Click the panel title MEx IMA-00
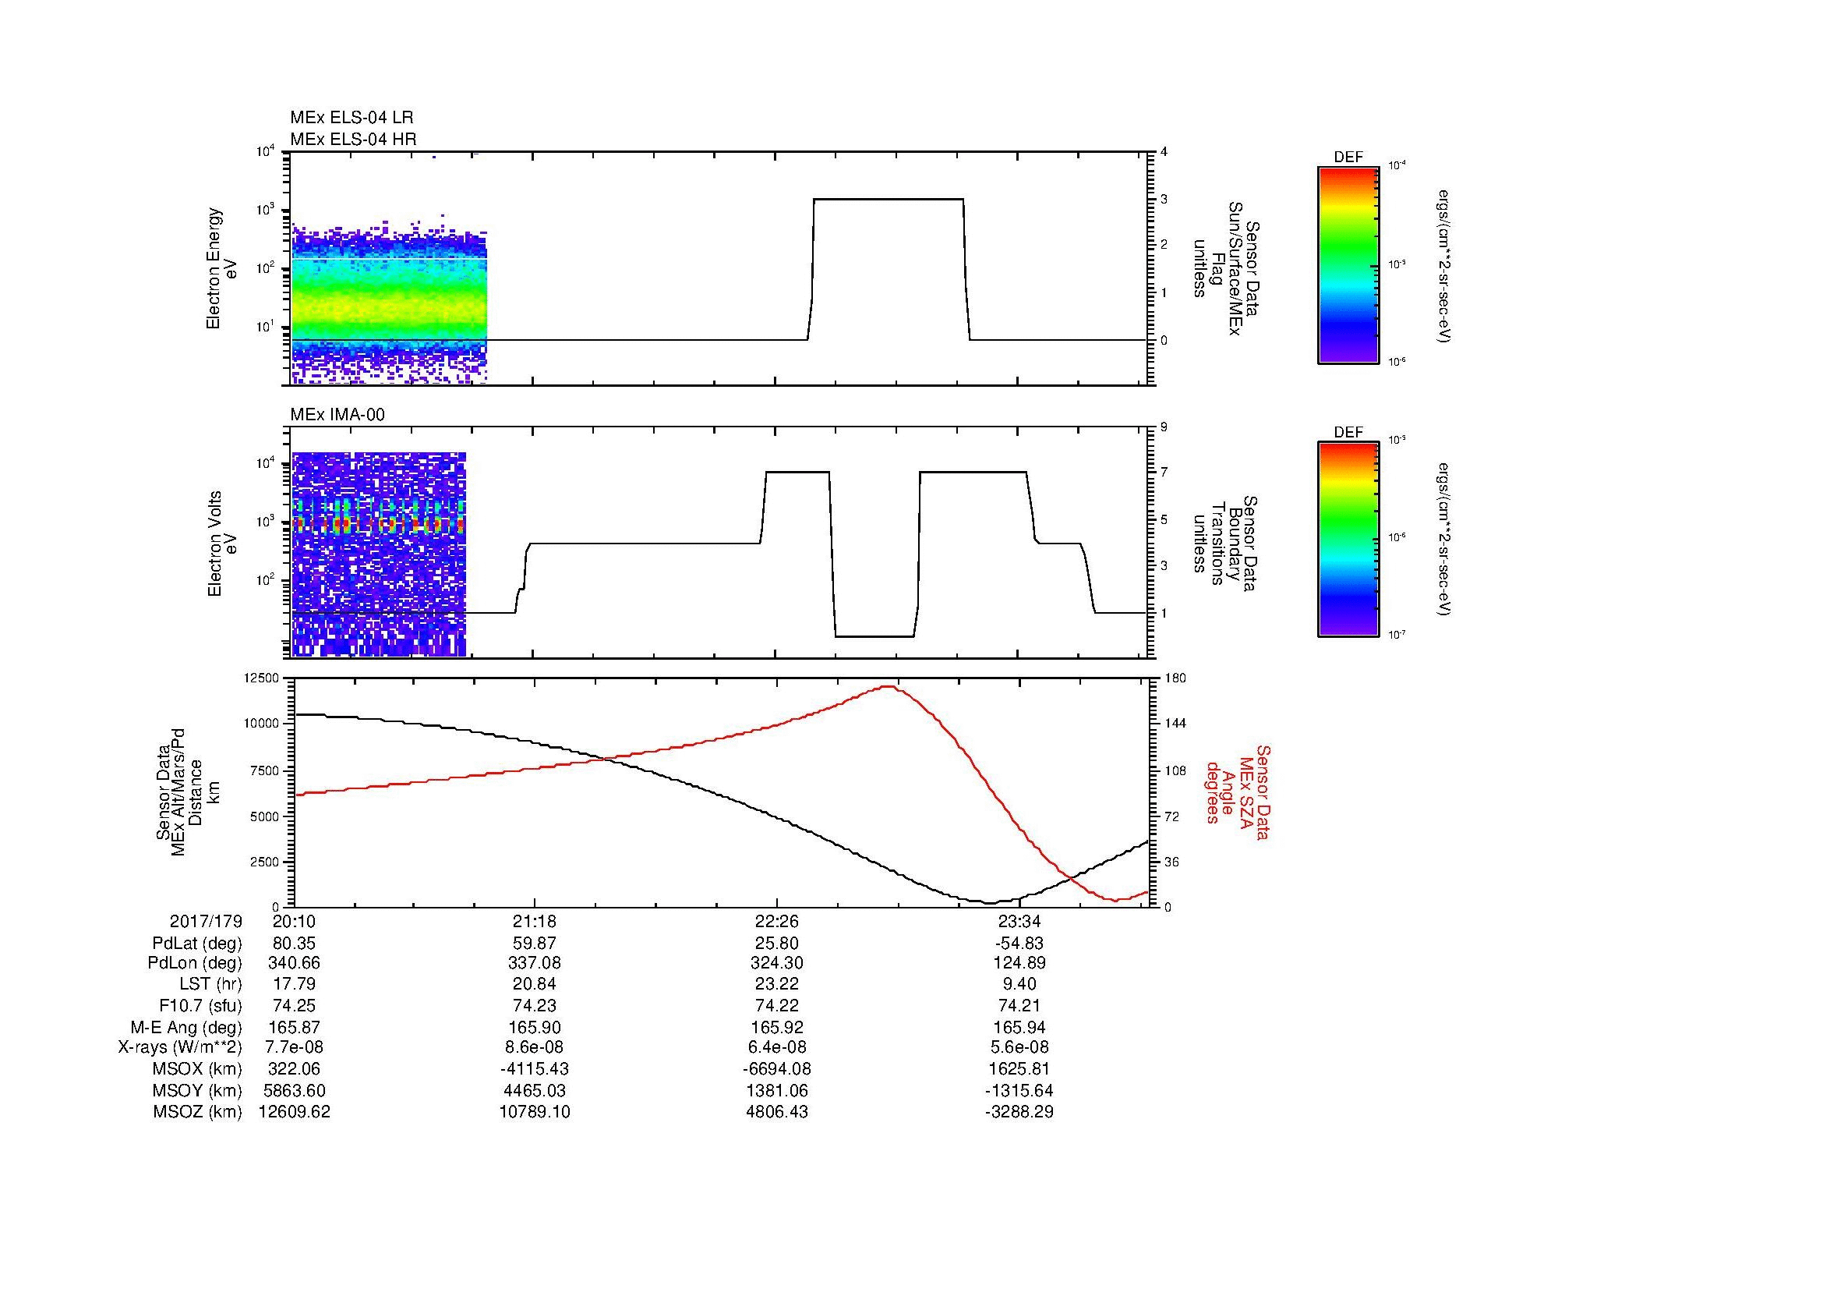click(337, 415)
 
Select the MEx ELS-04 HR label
click(353, 139)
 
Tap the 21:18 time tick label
click(535, 921)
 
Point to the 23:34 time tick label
click(1019, 921)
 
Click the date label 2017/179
click(206, 921)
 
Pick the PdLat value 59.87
click(535, 944)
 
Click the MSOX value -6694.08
click(777, 1069)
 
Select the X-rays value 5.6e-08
click(1019, 1047)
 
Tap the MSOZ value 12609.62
click(294, 1112)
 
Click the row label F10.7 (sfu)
click(200, 1006)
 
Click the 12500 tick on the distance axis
click(263, 678)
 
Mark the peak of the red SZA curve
click(889, 686)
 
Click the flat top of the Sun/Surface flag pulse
click(888, 199)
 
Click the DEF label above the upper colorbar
click(1348, 158)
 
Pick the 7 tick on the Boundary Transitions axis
click(1163, 473)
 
